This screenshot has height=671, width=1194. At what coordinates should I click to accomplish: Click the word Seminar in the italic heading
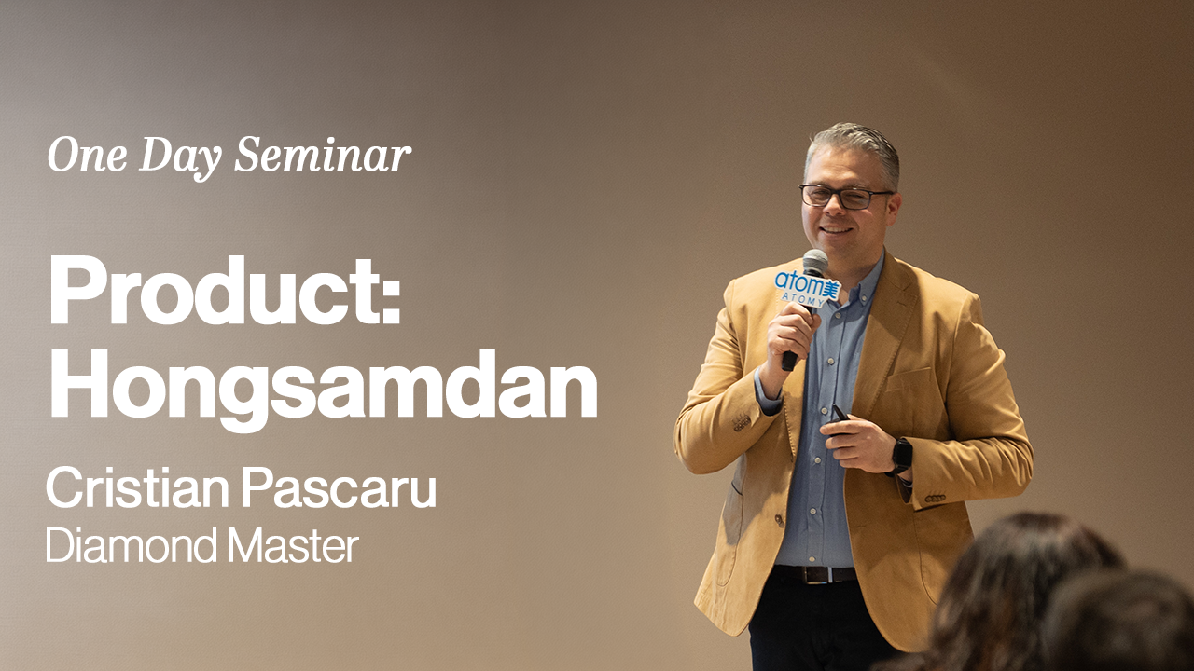click(x=323, y=155)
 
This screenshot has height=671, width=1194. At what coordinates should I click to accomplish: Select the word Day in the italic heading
click(x=180, y=158)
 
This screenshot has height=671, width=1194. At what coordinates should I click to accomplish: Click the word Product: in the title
click(x=224, y=291)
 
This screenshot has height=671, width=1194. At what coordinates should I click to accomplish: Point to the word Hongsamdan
click(x=323, y=384)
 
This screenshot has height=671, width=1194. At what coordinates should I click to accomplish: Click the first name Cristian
click(x=137, y=487)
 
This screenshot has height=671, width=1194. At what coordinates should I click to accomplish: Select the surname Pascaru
click(x=340, y=487)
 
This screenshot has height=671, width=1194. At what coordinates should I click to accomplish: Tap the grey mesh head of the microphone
click(x=815, y=263)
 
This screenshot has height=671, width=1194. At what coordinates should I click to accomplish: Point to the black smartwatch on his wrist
click(x=900, y=457)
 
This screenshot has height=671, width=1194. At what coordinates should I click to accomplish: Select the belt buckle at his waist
click(x=814, y=575)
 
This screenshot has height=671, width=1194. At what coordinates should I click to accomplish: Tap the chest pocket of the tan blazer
click(x=909, y=378)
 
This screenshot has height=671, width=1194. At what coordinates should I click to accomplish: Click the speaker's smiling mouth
click(x=837, y=230)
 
